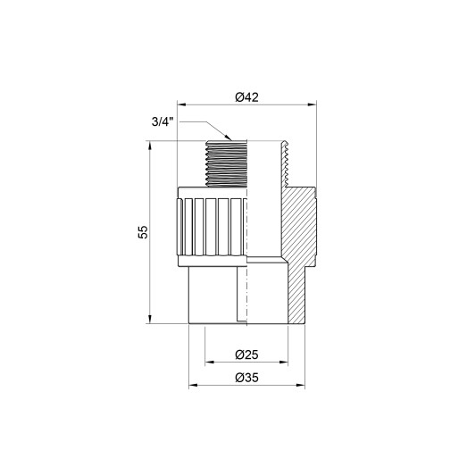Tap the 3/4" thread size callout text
(164, 124)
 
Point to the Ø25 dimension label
(246, 352)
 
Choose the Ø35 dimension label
(246, 377)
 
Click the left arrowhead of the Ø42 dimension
(182, 105)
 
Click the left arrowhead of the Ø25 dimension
(209, 363)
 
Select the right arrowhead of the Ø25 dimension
(285, 363)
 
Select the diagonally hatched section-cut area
(298, 223)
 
